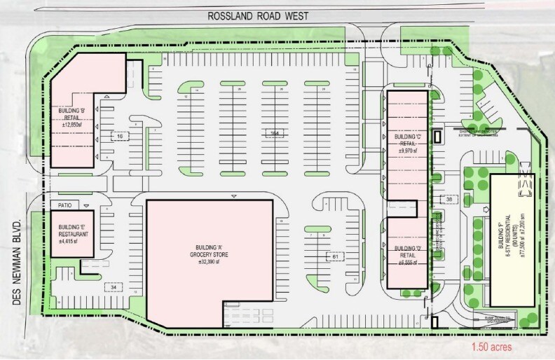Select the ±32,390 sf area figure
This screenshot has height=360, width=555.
(208, 263)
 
